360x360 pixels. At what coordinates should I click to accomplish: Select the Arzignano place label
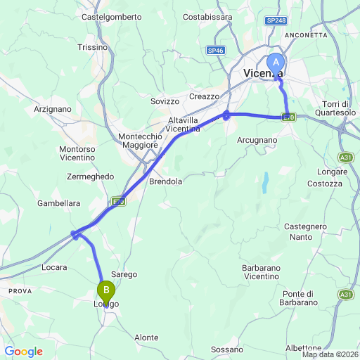coord(53,110)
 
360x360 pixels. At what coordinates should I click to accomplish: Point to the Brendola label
coord(166,181)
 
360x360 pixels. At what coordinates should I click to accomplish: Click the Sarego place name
coord(124,274)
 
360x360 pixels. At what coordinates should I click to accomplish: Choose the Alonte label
coord(146,337)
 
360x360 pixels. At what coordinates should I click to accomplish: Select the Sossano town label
coord(226,349)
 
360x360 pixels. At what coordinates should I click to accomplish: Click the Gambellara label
coord(58,203)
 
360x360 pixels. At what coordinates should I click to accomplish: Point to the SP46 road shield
coord(215,51)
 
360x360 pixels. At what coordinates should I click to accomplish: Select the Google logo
coord(23,352)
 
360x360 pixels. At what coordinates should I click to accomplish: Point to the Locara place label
coord(54,267)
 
